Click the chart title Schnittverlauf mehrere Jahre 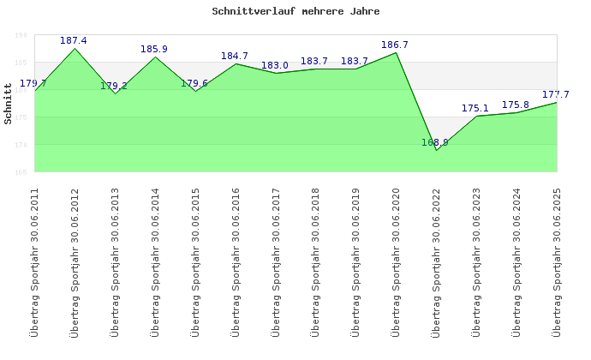295,12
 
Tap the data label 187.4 74,40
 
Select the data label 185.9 154,49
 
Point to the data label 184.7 235,57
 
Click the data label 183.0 275,65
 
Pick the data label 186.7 395,45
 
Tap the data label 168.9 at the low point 434,142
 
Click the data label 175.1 475,108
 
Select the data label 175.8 515,105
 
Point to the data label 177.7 555,94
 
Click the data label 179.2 114,86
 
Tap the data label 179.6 194,83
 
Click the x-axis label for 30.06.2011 34,262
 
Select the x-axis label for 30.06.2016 235,262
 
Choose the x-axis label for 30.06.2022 435,262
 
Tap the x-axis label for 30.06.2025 556,262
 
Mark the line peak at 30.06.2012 75,48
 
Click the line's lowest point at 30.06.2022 436,150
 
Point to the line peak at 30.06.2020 396,53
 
